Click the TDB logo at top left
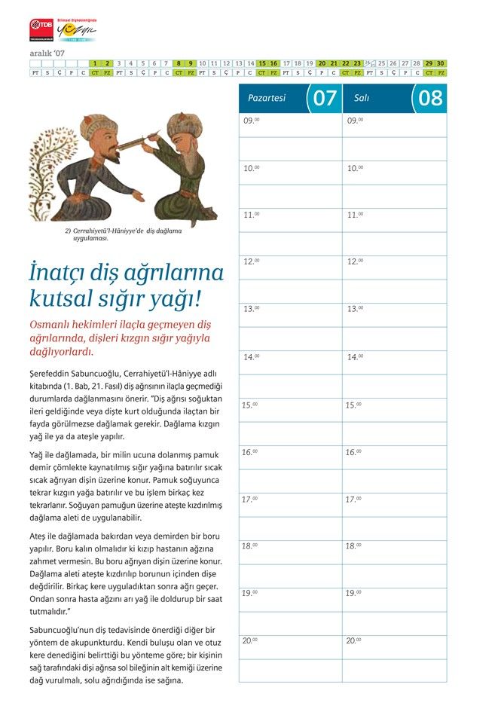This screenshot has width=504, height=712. (x=42, y=30)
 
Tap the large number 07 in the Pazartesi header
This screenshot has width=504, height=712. (x=325, y=98)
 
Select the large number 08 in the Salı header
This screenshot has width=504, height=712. (x=430, y=98)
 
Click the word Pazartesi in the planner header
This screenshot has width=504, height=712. (x=267, y=98)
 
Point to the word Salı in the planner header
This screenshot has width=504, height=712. (x=362, y=98)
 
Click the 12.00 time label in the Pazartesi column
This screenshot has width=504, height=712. (x=251, y=261)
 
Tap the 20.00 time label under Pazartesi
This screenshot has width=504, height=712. (x=251, y=640)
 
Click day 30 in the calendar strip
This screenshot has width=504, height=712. (x=441, y=63)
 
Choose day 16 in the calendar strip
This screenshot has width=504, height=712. (x=274, y=63)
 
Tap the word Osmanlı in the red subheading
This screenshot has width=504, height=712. (x=55, y=323)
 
